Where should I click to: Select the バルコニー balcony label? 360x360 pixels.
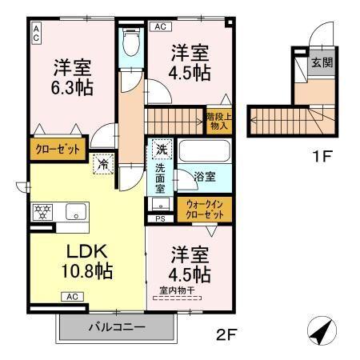pyautogui.click(x=116, y=326)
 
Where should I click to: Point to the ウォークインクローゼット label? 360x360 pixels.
pyautogui.click(x=204, y=210)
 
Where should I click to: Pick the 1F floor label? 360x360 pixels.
pyautogui.click(x=322, y=156)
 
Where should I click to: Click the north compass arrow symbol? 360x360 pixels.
pyautogui.click(x=321, y=331)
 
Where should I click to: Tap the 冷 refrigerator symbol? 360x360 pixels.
pyautogui.click(x=104, y=163)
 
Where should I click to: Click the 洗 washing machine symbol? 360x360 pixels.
pyautogui.click(x=161, y=150)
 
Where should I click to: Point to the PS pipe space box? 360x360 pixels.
pyautogui.click(x=160, y=218)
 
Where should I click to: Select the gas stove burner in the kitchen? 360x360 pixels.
pyautogui.click(x=42, y=213)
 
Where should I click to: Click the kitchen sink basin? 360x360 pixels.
pyautogui.click(x=76, y=213)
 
